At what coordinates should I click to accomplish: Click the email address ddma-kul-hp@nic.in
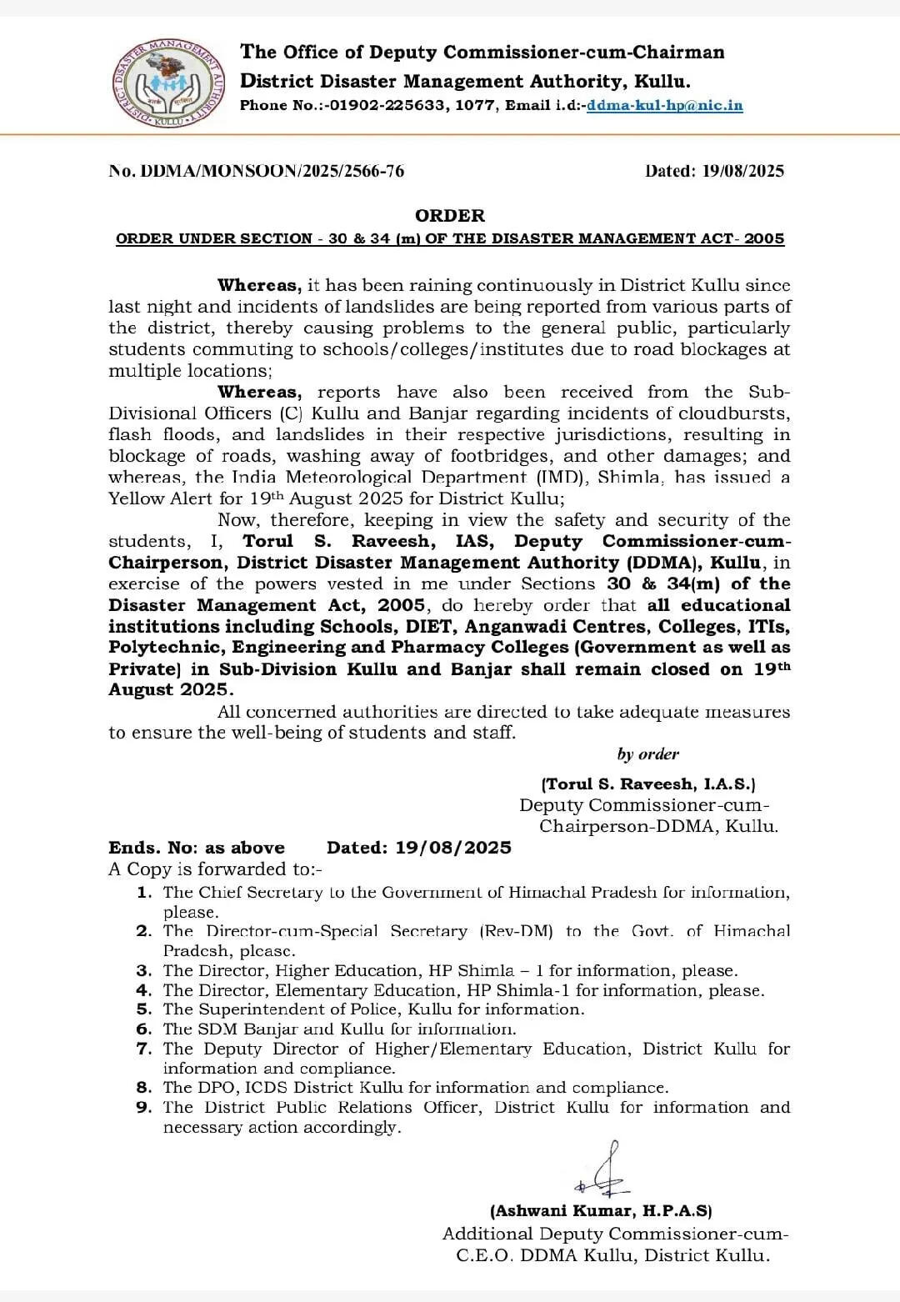(664, 106)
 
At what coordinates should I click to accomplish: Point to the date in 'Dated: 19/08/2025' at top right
(742, 171)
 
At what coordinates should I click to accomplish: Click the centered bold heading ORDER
(450, 216)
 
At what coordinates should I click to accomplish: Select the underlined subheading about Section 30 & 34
(450, 238)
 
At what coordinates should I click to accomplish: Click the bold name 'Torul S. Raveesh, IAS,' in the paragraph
(368, 541)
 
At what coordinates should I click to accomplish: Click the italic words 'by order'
(648, 754)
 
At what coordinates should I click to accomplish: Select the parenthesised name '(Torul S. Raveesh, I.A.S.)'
(648, 784)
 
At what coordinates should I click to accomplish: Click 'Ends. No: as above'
(197, 848)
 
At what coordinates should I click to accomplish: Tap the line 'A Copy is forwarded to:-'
(215, 869)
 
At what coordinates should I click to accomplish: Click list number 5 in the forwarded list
(144, 1009)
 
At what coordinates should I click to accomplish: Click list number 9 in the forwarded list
(144, 1108)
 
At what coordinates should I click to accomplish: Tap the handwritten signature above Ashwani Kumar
(604, 1172)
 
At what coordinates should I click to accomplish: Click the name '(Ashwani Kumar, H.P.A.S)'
(601, 1211)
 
